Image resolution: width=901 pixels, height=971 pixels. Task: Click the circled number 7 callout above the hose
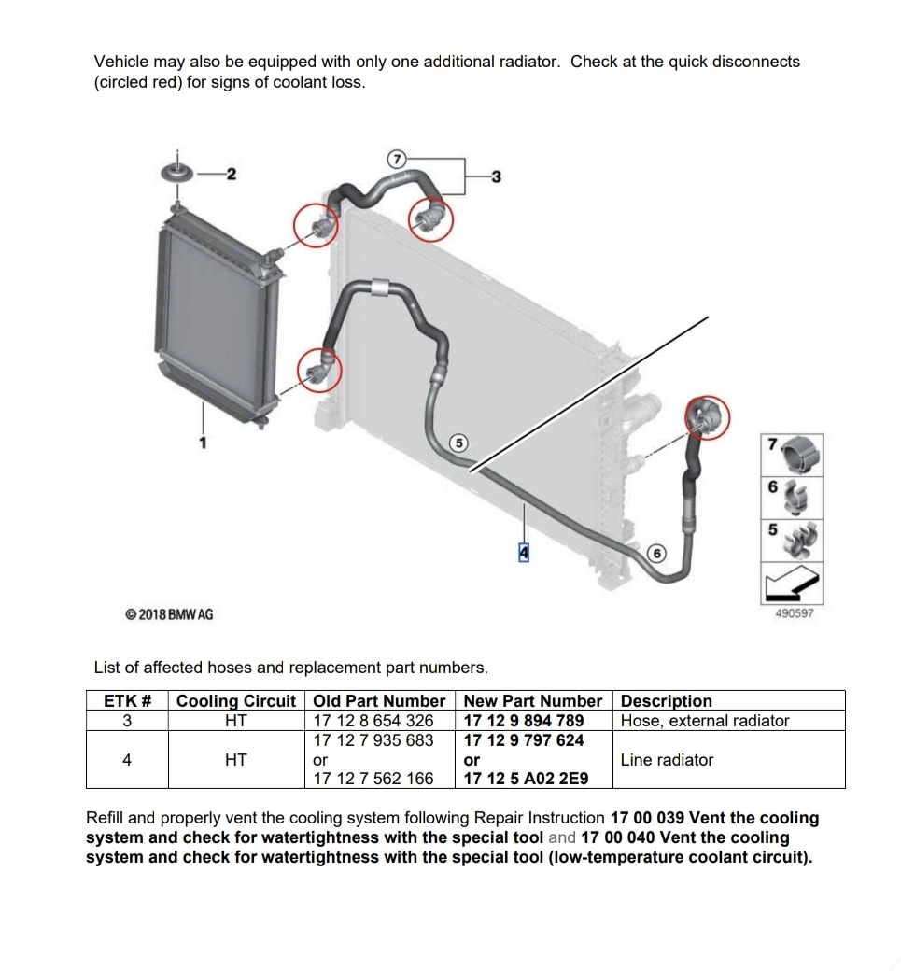click(396, 159)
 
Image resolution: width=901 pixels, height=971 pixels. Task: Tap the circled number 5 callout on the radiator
click(458, 443)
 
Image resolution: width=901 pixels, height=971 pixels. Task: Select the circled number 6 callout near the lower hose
click(656, 553)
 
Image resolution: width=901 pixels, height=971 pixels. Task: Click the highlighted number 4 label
click(523, 552)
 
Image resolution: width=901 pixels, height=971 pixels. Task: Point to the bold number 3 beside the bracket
click(496, 177)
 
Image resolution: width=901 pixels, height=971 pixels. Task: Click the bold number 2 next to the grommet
click(231, 174)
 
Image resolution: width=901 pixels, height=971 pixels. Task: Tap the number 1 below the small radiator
click(203, 443)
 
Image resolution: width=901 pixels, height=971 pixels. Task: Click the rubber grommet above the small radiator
click(176, 173)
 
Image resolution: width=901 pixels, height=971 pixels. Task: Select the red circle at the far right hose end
click(707, 418)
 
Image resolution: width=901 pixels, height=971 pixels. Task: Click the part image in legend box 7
click(801, 454)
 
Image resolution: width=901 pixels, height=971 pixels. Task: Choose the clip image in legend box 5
click(800, 540)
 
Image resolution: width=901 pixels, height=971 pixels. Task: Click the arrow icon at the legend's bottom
click(792, 584)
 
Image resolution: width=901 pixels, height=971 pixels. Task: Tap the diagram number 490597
click(795, 613)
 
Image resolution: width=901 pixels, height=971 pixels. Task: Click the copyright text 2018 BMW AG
click(169, 614)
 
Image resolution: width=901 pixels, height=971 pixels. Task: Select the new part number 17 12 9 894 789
click(523, 721)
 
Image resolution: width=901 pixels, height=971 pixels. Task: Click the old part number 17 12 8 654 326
click(373, 721)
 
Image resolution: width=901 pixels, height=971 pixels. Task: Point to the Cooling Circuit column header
click(236, 701)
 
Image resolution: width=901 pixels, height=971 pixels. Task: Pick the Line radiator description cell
click(667, 760)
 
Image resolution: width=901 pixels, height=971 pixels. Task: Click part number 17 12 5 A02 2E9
click(526, 779)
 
